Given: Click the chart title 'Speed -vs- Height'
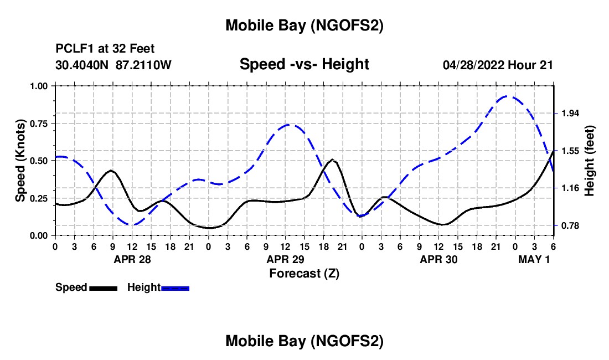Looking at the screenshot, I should pyautogui.click(x=304, y=64).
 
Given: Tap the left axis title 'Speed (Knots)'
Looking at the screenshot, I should pyautogui.click(x=20, y=161).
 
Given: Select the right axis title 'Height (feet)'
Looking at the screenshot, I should pyautogui.click(x=589, y=161).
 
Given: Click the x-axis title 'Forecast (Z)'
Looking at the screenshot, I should pyautogui.click(x=304, y=273).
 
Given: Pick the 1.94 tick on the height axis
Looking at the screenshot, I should pyautogui.click(x=570, y=113).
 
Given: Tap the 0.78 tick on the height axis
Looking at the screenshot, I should pyautogui.click(x=570, y=225).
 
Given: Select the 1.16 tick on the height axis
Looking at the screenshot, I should pyautogui.click(x=570, y=188).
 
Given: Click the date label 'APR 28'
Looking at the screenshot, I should pyautogui.click(x=132, y=259).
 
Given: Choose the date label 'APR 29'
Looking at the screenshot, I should pyautogui.click(x=285, y=259).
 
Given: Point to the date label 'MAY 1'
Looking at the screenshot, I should pyautogui.click(x=534, y=259).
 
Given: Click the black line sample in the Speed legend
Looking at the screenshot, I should pyautogui.click(x=102, y=288).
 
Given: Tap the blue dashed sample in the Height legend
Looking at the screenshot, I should pyautogui.click(x=175, y=288).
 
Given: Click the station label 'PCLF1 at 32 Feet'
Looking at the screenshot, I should pyautogui.click(x=105, y=49).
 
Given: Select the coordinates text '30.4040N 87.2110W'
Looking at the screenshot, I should pyautogui.click(x=113, y=65).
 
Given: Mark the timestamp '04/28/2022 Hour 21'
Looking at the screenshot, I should pyautogui.click(x=498, y=65).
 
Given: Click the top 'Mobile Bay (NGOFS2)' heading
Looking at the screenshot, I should pyautogui.click(x=304, y=25).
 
